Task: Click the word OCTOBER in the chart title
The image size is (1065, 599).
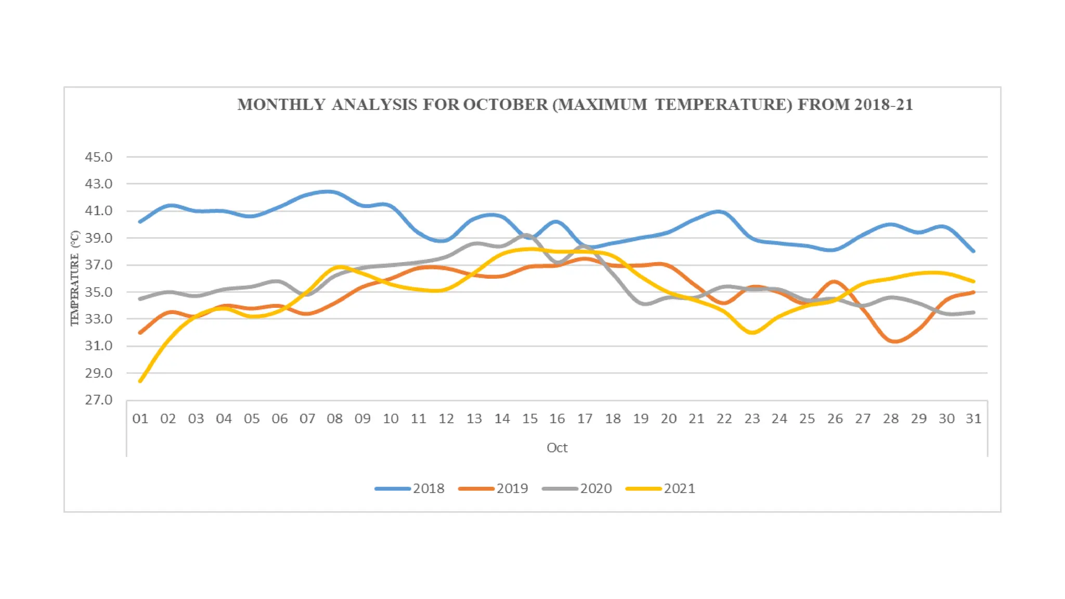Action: pos(505,105)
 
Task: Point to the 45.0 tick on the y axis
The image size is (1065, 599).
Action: pos(98,157)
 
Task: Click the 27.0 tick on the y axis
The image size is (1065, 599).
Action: pos(98,400)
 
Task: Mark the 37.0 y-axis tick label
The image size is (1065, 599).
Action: pos(98,265)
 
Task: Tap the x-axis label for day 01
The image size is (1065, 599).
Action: pos(140,419)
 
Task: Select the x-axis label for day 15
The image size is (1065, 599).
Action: pos(530,419)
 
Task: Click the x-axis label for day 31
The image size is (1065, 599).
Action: pos(973,419)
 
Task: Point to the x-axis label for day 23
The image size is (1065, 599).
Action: pos(752,419)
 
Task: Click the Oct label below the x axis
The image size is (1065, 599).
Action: pos(557,448)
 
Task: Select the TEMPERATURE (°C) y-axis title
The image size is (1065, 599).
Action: pos(75,278)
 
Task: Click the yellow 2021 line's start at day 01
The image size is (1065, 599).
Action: pos(140,381)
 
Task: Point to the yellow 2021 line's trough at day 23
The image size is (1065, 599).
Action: pos(752,332)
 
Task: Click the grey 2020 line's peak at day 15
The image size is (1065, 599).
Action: pos(527,235)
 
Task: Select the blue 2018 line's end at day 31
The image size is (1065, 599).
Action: pos(973,251)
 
